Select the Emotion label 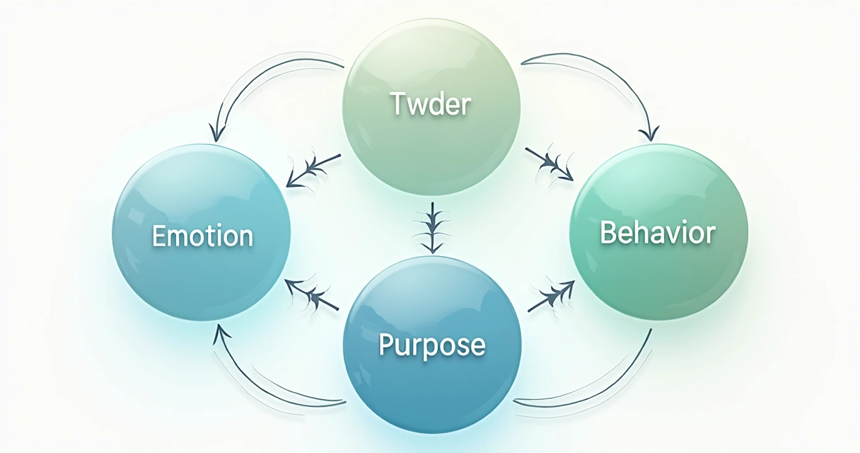pos(202,236)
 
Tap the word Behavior pos(658,233)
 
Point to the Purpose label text pos(432,345)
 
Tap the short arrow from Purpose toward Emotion pos(312,293)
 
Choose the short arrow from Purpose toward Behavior pos(551,295)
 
